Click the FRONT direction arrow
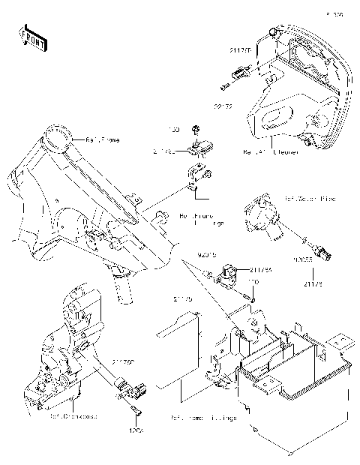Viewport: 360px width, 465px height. [29, 37]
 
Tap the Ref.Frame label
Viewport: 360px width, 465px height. [102, 139]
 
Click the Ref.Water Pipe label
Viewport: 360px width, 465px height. [310, 199]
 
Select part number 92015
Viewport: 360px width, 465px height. [207, 256]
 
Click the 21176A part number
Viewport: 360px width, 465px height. [260, 270]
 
